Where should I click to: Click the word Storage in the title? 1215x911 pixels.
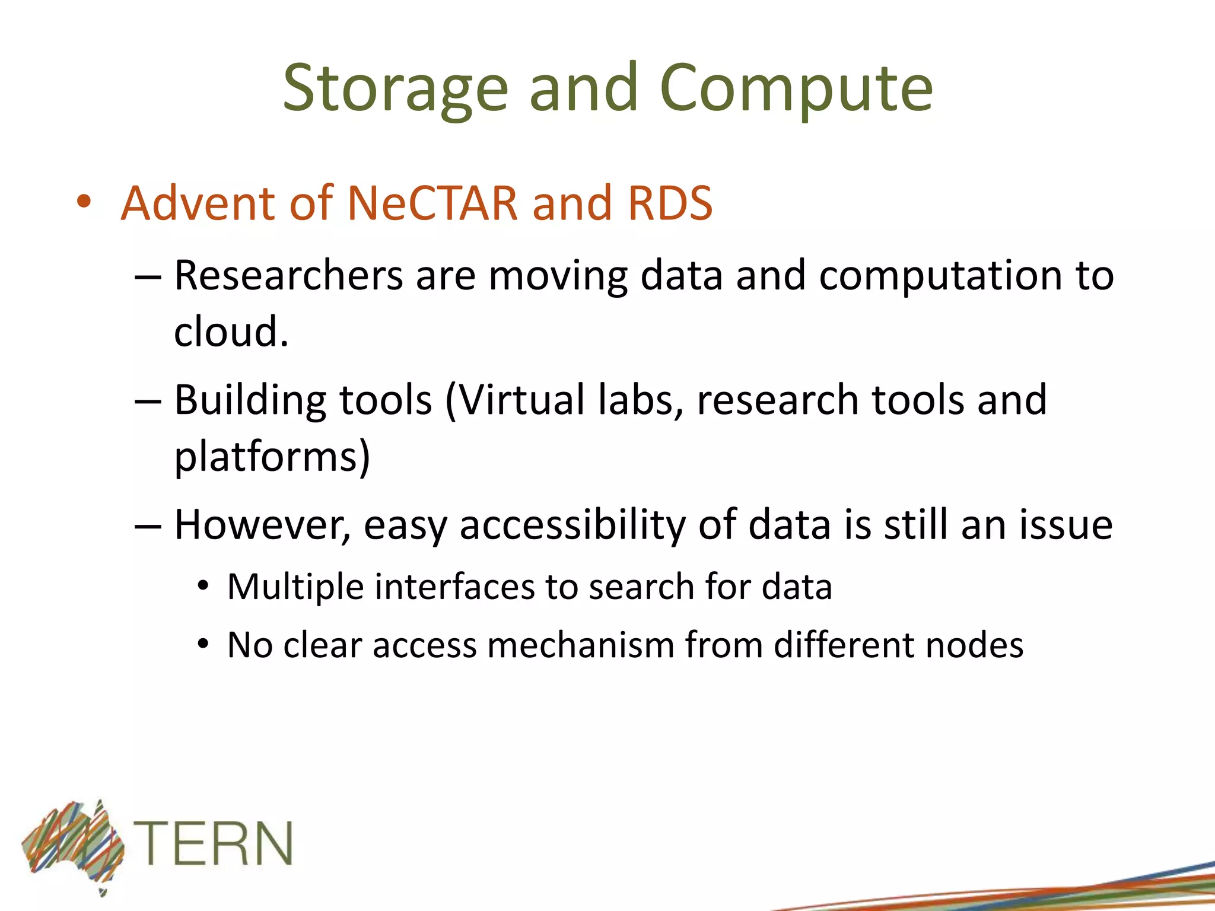tap(395, 89)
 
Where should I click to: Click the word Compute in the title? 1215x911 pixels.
tap(796, 89)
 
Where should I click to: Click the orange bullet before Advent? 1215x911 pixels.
tap(84, 202)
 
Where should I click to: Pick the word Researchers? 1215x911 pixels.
tap(288, 276)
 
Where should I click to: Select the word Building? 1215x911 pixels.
tap(249, 401)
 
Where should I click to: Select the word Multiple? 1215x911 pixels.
tap(295, 588)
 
